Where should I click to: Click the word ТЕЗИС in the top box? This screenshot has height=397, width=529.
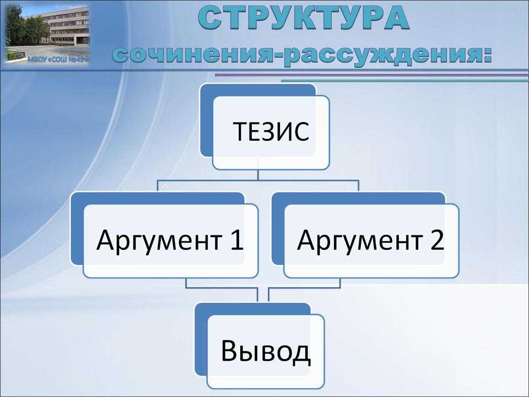point(271,131)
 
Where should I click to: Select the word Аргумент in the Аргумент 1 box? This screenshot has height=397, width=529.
point(159,240)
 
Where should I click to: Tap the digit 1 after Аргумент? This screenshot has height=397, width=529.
point(236,239)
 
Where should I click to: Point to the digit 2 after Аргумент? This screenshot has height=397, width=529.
point(437,239)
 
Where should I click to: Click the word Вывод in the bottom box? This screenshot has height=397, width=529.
point(266,351)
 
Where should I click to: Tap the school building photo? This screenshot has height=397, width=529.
point(47,34)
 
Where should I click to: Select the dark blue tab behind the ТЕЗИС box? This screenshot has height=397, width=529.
point(206,121)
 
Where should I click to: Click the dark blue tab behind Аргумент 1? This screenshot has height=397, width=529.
point(77,229)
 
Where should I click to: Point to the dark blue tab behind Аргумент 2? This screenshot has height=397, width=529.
point(278,229)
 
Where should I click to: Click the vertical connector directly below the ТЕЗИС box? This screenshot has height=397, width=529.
point(258,175)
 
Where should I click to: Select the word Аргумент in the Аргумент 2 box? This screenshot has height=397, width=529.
point(360,240)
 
